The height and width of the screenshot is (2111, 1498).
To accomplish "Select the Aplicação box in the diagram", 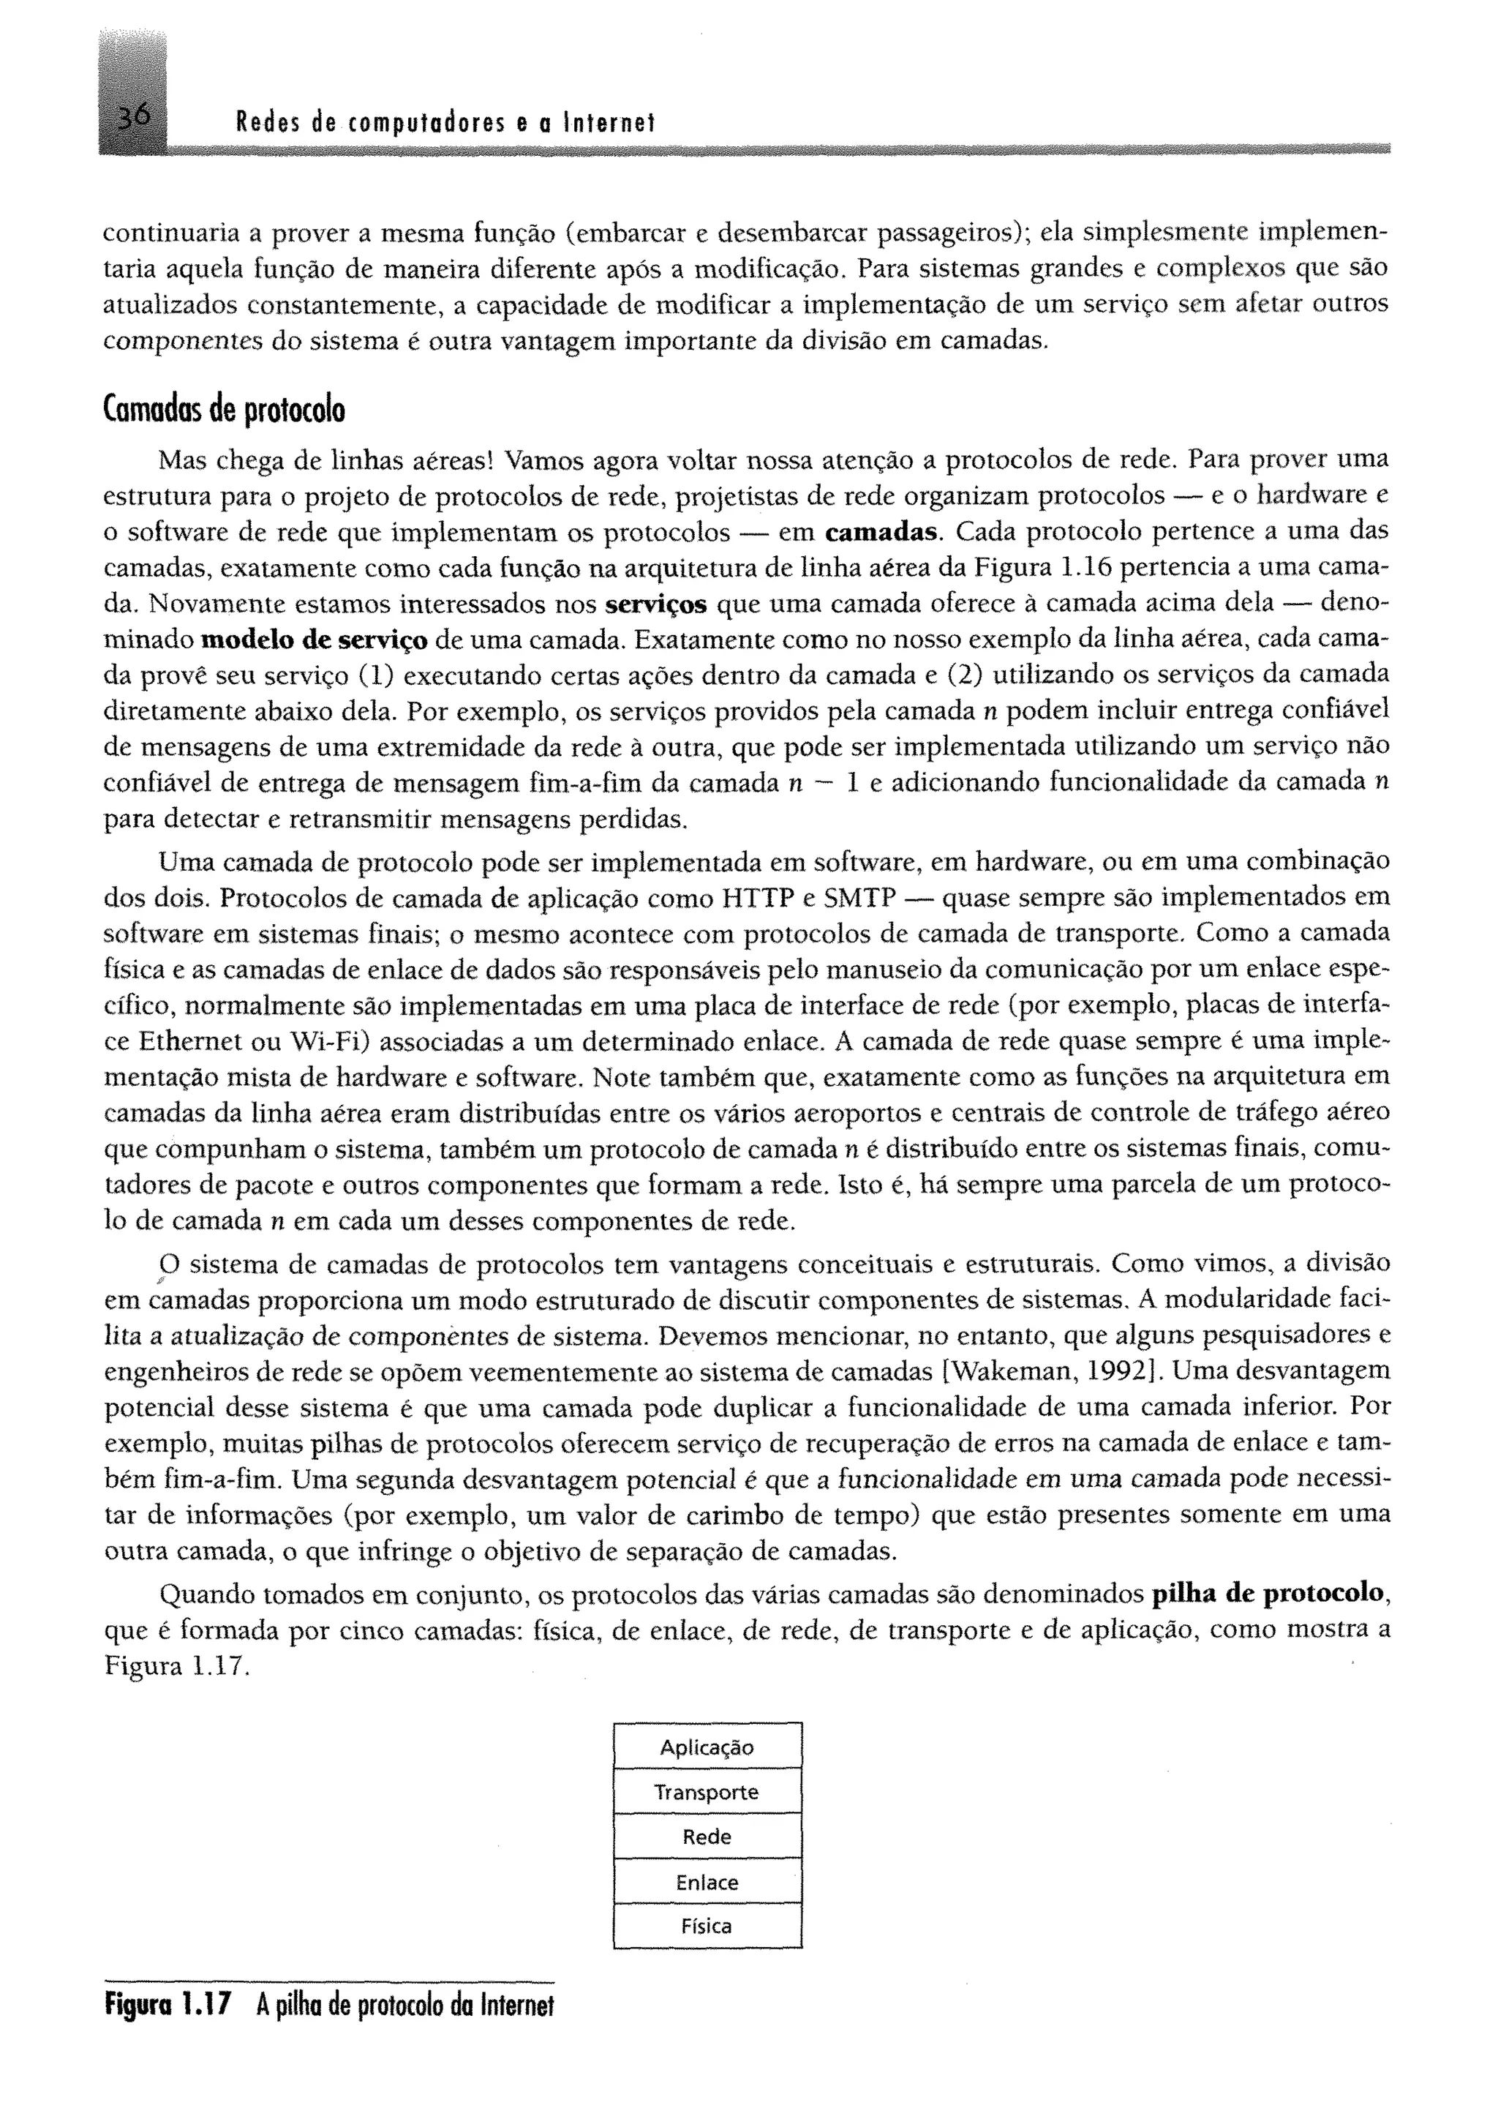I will point(707,1747).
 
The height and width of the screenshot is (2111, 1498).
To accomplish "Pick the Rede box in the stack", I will point(707,1836).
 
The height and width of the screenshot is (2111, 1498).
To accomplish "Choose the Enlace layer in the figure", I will point(707,1882).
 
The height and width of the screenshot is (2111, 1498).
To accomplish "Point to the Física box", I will point(707,1927).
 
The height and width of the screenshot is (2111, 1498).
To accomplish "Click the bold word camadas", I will point(883,533).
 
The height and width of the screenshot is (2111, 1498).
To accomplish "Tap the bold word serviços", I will point(656,604).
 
